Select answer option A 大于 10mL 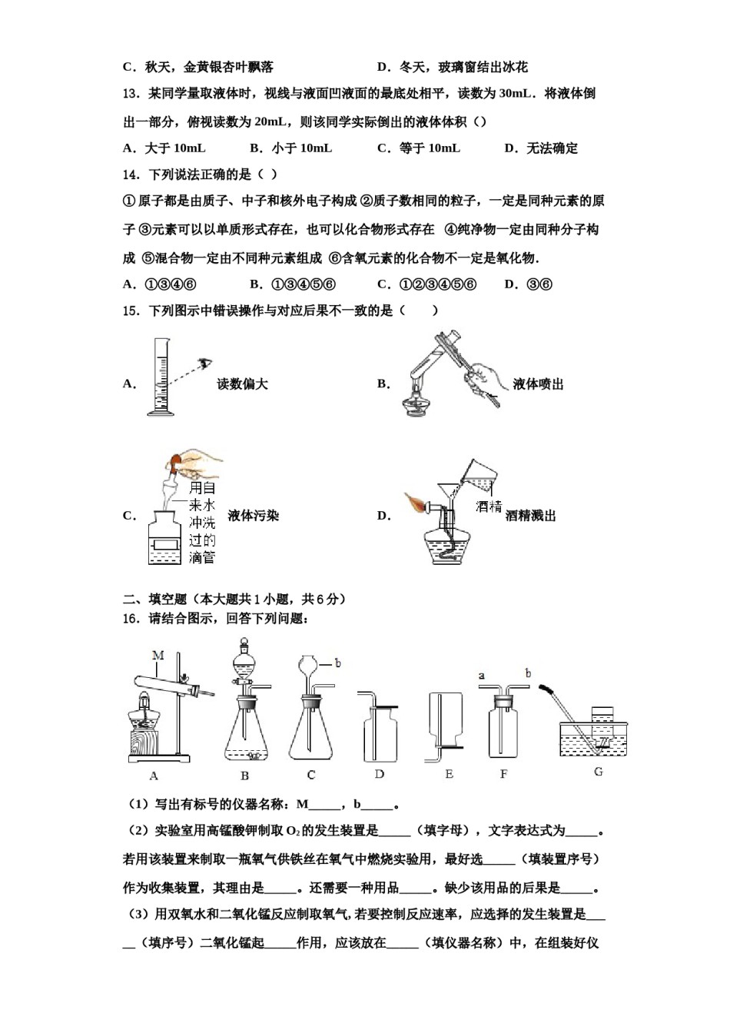tap(164, 148)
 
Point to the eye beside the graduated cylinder tap(205, 364)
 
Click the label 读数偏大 tap(243, 384)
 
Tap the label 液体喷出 tap(538, 384)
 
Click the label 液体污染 tap(254, 516)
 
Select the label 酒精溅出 tap(530, 516)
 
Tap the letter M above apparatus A tap(158, 656)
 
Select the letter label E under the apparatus tap(449, 774)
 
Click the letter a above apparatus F tap(482, 676)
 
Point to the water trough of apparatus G tap(595, 738)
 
